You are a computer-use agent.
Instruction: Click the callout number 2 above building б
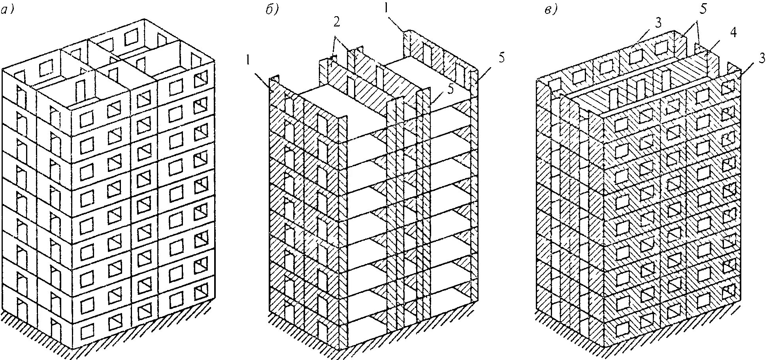[336, 22]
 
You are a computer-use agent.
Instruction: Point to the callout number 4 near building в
[733, 33]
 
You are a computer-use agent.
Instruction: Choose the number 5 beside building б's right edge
[501, 58]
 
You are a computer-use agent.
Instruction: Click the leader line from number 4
[719, 45]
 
